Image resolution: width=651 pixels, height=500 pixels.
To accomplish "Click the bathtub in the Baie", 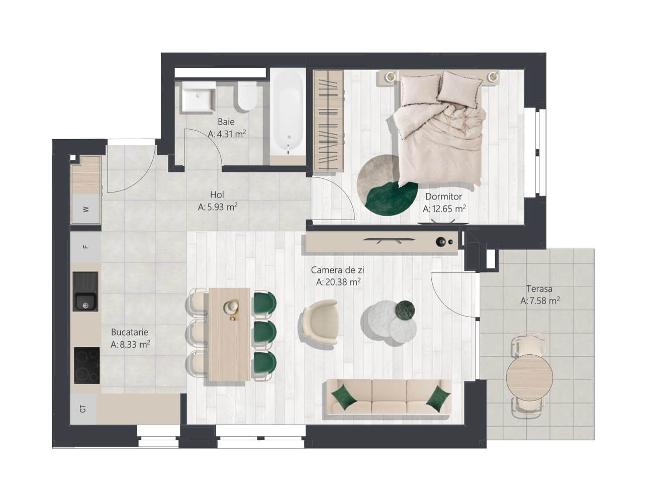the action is [x=288, y=116].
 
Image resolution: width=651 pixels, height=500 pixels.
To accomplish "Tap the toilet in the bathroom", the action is [x=247, y=96].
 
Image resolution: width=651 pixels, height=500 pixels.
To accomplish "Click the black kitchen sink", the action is [x=85, y=291].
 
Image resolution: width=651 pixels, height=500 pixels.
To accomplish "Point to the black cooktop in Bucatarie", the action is [x=87, y=365].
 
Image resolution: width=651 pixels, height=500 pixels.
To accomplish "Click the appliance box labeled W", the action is [x=86, y=209].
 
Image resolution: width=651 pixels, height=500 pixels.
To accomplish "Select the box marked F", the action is [x=86, y=247].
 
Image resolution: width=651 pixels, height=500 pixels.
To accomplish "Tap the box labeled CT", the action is [x=83, y=409].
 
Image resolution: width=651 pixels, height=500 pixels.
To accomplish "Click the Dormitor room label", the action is [x=444, y=196].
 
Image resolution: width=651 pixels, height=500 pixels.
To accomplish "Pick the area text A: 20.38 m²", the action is [x=338, y=282].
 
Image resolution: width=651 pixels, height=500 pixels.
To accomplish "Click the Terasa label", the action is [x=539, y=289].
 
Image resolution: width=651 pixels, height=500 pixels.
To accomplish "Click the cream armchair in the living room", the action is [x=320, y=322].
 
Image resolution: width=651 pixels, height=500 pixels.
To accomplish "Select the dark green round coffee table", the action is [x=405, y=311].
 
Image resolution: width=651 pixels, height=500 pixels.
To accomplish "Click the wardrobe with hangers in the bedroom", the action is [x=328, y=121].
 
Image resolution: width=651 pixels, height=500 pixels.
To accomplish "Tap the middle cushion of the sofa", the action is [x=389, y=397].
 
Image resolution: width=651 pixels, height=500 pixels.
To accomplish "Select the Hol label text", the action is [x=217, y=194].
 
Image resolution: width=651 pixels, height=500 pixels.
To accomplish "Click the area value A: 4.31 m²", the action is [x=227, y=134].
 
